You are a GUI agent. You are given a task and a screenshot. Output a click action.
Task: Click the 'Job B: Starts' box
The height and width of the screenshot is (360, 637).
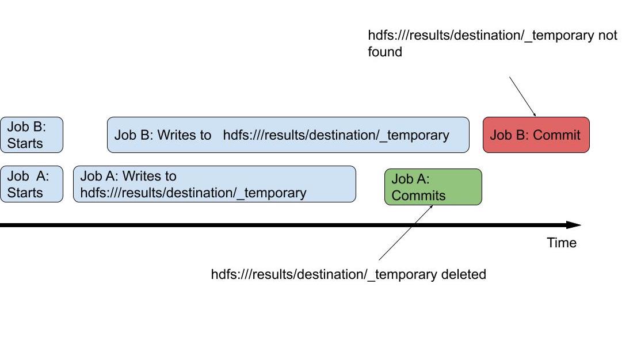click(32, 135)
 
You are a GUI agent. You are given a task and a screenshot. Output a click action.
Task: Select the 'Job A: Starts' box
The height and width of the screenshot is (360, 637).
click(32, 184)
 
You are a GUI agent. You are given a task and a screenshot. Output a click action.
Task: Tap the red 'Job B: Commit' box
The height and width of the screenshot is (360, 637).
click(536, 135)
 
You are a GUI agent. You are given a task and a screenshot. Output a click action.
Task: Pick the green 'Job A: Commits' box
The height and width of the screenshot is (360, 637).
click(433, 187)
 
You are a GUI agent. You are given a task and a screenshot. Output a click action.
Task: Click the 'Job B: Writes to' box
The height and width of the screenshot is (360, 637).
click(288, 135)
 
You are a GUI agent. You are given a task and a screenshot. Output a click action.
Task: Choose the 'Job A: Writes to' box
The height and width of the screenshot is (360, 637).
click(215, 184)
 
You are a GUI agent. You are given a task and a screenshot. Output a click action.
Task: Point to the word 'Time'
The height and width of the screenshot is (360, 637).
click(562, 243)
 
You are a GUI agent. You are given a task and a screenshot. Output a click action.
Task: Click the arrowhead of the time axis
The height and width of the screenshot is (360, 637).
click(574, 225)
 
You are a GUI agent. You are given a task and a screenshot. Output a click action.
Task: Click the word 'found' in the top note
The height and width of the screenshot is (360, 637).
click(385, 52)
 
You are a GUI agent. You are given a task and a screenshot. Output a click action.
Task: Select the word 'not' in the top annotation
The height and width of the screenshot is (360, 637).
click(608, 36)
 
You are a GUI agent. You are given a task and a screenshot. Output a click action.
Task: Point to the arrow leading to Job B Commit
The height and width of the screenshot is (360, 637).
click(522, 97)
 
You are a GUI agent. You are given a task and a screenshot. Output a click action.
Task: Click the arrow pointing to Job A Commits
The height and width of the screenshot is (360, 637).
click(406, 232)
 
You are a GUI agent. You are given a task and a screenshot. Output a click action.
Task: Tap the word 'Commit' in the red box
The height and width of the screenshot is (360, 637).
click(556, 135)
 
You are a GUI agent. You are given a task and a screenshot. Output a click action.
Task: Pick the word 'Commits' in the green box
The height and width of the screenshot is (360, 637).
click(418, 196)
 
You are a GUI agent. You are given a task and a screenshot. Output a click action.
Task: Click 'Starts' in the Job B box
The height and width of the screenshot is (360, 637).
click(25, 143)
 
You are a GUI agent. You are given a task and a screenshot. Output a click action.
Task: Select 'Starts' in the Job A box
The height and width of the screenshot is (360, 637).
click(25, 193)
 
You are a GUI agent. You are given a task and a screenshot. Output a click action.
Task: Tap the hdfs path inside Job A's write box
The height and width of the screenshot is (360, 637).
click(193, 193)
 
